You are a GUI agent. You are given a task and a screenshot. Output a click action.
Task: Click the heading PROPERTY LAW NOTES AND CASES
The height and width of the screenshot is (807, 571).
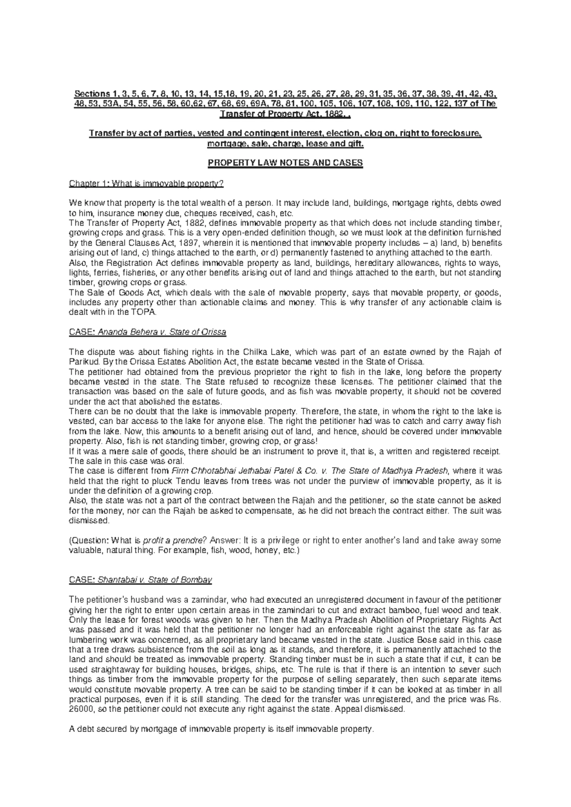click(x=285, y=163)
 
